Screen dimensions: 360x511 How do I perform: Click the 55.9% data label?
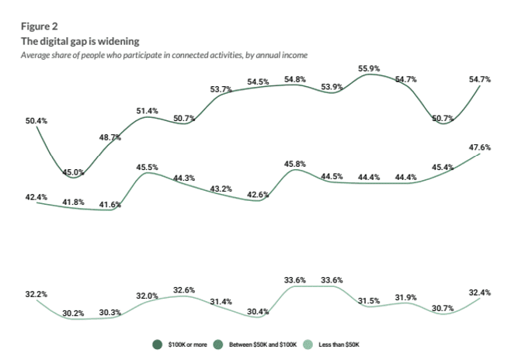click(369, 68)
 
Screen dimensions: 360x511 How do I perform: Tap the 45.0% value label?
click(73, 172)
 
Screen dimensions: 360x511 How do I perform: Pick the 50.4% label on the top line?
click(36, 121)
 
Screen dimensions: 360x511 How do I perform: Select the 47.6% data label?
click(480, 147)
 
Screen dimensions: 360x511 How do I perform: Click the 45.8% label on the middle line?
click(295, 164)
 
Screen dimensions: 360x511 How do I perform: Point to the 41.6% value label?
click(109, 204)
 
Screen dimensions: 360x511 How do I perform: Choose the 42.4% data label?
click(36, 199)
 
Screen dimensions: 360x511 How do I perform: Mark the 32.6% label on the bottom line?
click(183, 289)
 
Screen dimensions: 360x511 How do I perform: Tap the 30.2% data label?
click(73, 313)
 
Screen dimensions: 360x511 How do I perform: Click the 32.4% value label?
click(480, 292)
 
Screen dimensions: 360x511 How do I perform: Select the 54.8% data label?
click(295, 79)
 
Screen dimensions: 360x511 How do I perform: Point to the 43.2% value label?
click(221, 189)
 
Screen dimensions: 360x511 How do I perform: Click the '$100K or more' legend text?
click(188, 344)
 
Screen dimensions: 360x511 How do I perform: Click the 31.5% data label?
click(369, 300)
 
